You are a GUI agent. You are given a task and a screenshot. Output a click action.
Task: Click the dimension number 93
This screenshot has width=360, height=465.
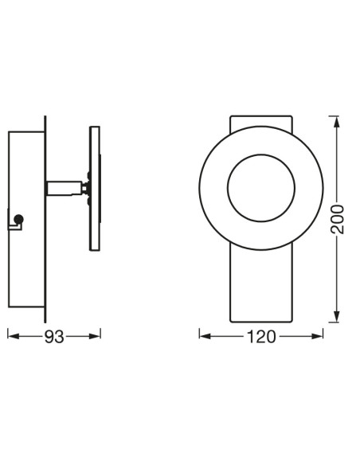(53, 336)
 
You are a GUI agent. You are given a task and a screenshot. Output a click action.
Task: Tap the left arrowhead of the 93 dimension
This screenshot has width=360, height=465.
(10, 336)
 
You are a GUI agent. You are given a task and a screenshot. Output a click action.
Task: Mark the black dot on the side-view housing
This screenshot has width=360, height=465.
(19, 218)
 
